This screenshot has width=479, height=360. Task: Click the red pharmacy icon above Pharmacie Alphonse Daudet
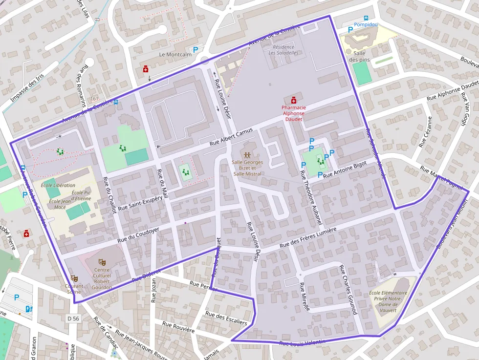click(293, 100)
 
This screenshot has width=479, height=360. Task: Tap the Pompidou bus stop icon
click(367, 18)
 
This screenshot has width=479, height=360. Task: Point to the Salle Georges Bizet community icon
click(247, 155)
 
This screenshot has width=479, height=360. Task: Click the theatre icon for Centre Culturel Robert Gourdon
click(102, 262)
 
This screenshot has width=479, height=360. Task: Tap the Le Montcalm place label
click(175, 55)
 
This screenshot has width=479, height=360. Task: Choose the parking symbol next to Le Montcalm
click(196, 50)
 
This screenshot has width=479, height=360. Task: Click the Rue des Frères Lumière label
click(308, 238)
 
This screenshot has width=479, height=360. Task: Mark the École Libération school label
click(59, 186)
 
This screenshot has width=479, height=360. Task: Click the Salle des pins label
click(359, 57)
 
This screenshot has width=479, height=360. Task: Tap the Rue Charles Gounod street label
click(348, 290)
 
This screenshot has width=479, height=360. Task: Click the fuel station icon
click(29, 309)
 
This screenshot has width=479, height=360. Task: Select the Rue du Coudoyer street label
click(139, 235)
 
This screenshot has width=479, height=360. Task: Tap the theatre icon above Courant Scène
click(74, 278)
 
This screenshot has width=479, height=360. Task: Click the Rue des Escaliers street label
click(226, 318)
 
